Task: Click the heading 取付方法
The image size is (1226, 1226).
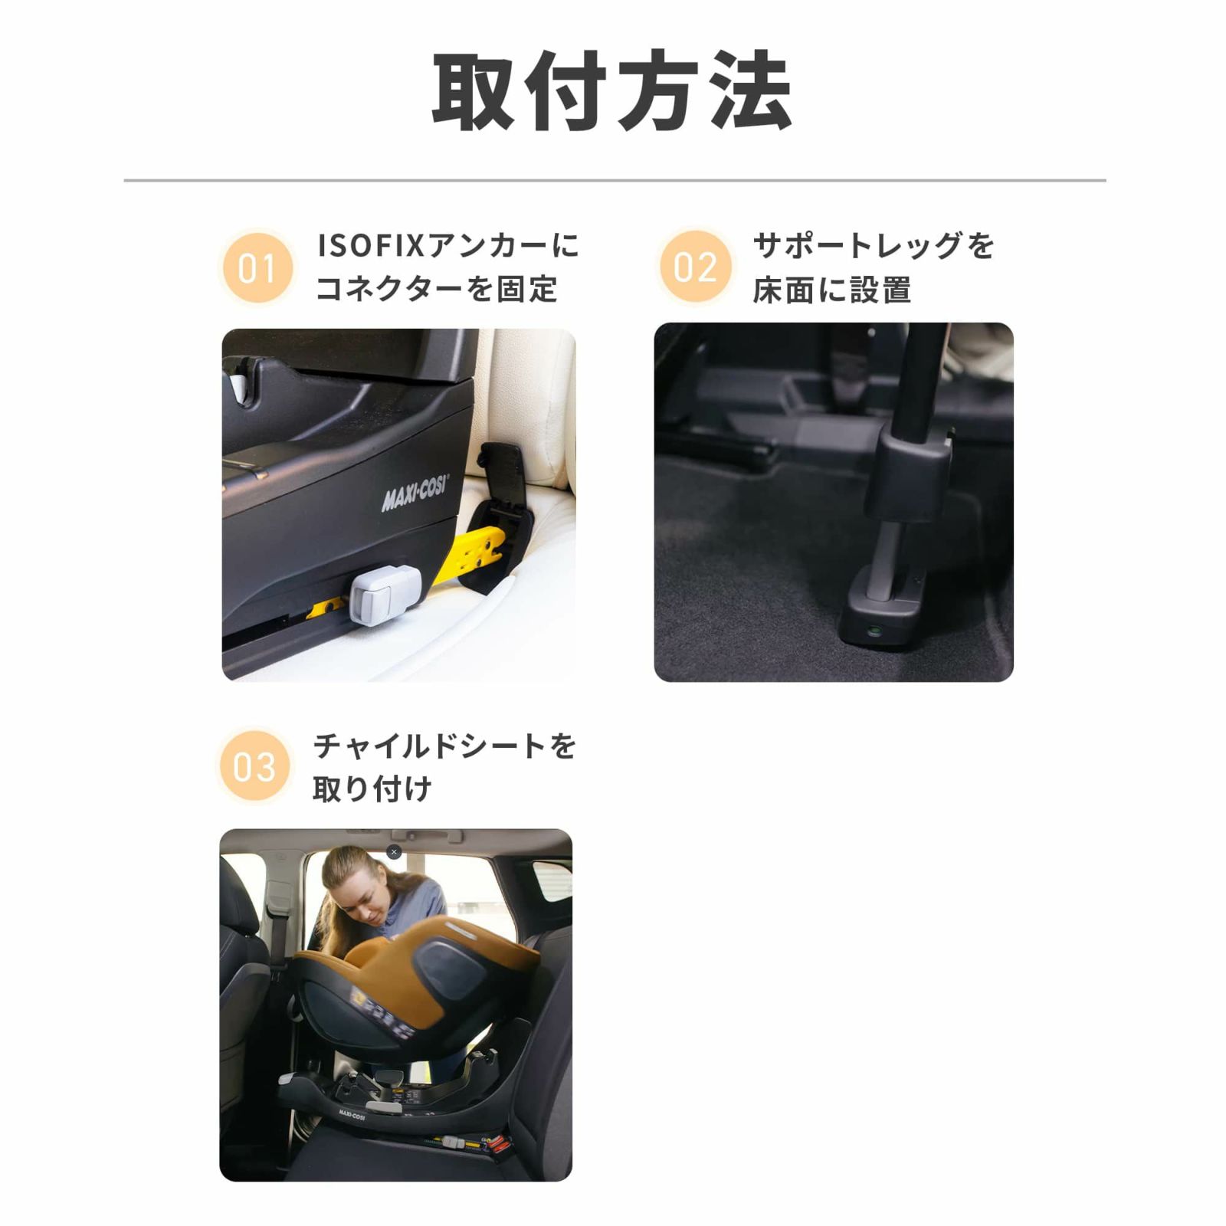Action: [x=612, y=91]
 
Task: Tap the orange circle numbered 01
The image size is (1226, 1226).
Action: [x=257, y=268]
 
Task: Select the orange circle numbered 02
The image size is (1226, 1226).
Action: [x=696, y=267]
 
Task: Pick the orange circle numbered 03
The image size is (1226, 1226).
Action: [x=254, y=766]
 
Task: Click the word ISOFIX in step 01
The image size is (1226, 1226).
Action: [x=371, y=246]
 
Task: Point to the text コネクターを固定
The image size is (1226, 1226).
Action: [x=437, y=290]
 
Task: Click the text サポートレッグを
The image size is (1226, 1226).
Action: [x=874, y=246]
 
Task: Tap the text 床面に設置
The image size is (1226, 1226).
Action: [x=832, y=290]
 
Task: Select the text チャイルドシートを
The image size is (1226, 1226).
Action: [x=444, y=746]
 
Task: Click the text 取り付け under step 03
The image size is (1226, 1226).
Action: [x=372, y=789]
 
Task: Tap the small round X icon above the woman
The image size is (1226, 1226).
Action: [x=394, y=852]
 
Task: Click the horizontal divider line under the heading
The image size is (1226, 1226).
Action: [x=615, y=181]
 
